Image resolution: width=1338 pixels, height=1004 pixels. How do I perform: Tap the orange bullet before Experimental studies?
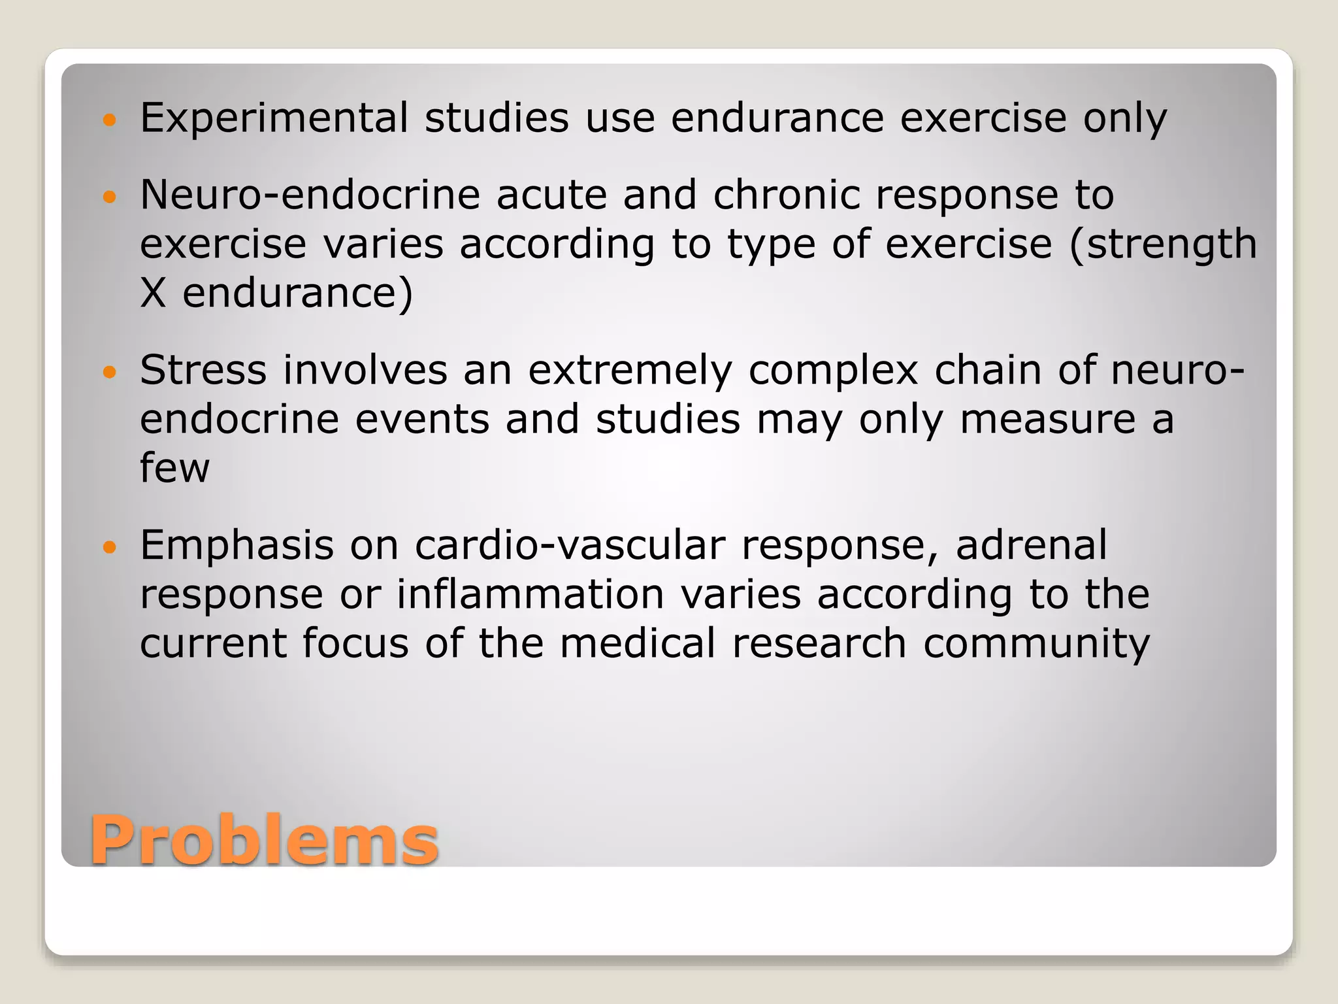click(109, 120)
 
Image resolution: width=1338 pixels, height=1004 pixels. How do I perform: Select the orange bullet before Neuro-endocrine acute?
click(109, 196)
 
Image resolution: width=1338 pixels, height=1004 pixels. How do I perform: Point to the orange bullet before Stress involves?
click(109, 372)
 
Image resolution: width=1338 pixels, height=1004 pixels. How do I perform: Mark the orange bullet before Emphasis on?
click(109, 547)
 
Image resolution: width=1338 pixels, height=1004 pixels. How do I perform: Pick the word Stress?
click(203, 370)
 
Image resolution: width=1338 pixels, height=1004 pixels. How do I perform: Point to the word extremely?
click(630, 370)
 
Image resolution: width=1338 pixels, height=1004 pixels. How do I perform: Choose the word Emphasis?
click(237, 545)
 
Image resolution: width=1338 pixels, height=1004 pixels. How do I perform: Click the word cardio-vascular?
click(570, 545)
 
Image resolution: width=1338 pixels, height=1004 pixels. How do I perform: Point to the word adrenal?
click(1032, 545)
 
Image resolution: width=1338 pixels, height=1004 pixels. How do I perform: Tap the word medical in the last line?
click(638, 643)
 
